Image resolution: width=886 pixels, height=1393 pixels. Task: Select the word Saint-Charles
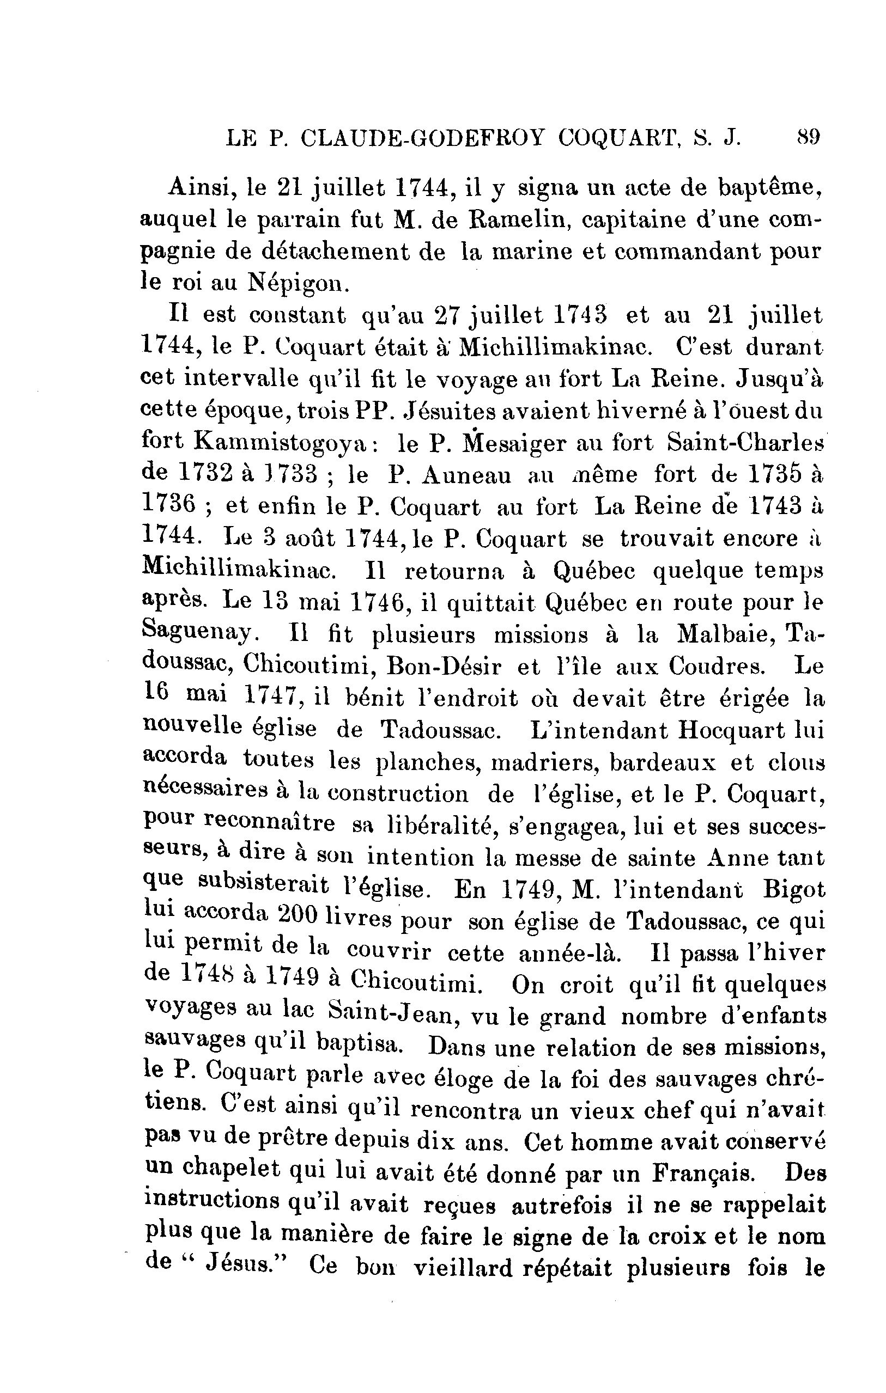[x=745, y=443]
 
